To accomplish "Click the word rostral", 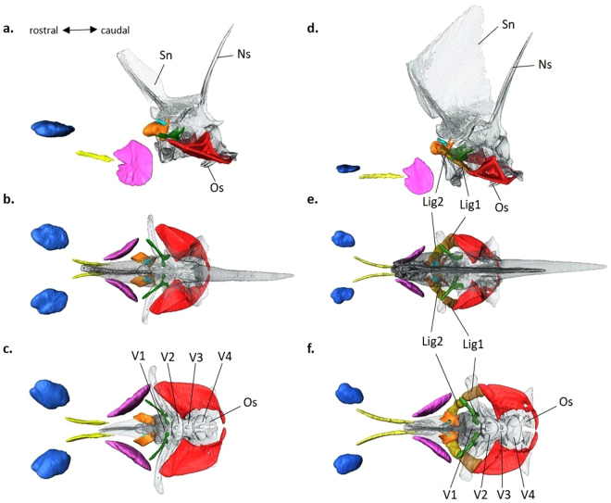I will [41, 31].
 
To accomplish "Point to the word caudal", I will [116, 31].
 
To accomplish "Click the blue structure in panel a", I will [52, 129].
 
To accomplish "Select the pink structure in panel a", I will [132, 162].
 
